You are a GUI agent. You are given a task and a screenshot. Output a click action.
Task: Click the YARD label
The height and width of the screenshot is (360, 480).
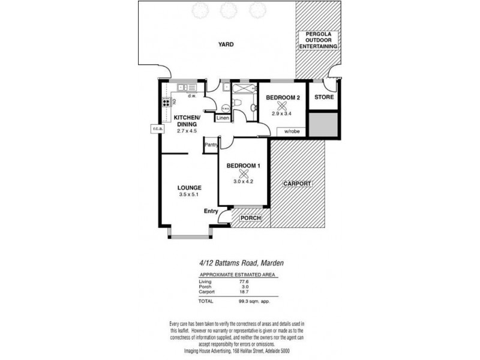point(226,44)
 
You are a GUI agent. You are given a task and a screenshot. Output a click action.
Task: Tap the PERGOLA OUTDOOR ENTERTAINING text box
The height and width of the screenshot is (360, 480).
point(318,41)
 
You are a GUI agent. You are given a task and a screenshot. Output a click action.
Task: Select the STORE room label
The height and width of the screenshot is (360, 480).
point(324,97)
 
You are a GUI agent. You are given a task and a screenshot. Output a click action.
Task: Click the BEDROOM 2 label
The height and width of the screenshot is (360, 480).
point(283,97)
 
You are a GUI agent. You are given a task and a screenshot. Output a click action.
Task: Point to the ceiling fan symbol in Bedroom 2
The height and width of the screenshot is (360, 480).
point(282,106)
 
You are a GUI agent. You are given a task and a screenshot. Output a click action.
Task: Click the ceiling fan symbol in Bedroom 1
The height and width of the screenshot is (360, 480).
point(243,173)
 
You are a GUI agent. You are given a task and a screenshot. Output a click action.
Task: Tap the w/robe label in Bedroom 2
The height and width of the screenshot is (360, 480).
point(292,131)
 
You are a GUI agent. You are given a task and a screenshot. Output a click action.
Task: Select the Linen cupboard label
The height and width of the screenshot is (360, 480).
point(223,118)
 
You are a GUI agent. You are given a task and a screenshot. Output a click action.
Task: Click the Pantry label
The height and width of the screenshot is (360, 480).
point(211,145)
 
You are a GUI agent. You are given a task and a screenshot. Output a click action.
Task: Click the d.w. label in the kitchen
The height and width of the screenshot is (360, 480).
point(193,96)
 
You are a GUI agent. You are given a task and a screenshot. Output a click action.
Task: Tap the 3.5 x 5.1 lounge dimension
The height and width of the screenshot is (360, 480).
point(189,194)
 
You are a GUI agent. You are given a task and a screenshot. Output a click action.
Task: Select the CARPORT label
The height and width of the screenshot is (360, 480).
point(298,184)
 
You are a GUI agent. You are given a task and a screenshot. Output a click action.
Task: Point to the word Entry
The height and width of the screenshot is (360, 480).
point(211,211)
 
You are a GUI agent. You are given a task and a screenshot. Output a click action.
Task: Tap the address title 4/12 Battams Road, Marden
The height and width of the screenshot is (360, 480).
point(238,263)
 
